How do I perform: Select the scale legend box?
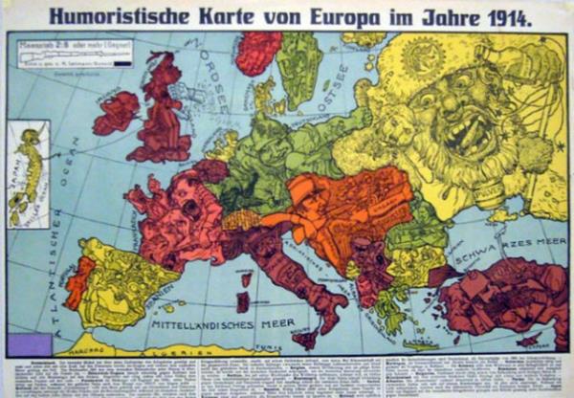tap(69, 53)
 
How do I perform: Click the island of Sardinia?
tap(243, 301)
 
